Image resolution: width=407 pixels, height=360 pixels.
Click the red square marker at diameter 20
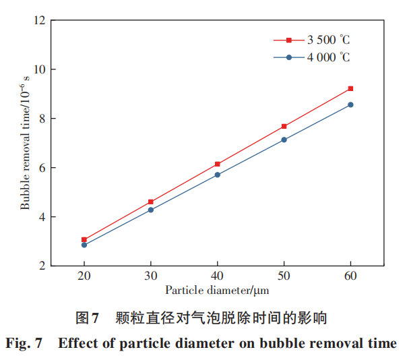(x=84, y=239)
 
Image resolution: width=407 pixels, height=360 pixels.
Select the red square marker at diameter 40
(x=217, y=164)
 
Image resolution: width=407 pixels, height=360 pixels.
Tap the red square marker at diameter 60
(x=350, y=88)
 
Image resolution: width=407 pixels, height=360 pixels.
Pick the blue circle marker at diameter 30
(x=151, y=210)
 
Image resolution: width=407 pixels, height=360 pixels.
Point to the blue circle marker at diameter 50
(x=284, y=140)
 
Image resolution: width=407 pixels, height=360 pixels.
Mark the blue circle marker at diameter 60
(x=350, y=104)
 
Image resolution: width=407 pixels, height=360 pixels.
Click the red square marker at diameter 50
(x=284, y=126)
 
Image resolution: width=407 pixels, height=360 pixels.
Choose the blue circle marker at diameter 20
(x=84, y=245)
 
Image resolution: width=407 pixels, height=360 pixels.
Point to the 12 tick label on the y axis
(x=39, y=20)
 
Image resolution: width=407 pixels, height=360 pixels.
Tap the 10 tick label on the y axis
(x=39, y=69)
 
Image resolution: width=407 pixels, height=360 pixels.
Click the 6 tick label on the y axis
(x=42, y=168)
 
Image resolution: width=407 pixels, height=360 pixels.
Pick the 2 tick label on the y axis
(x=42, y=266)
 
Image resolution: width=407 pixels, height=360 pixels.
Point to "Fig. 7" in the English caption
(x=24, y=344)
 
